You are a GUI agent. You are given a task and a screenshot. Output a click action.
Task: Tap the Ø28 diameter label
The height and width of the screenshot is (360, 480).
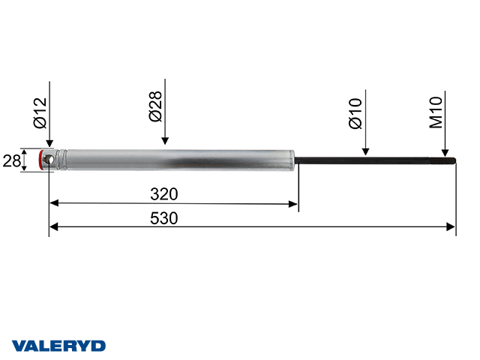click(156, 108)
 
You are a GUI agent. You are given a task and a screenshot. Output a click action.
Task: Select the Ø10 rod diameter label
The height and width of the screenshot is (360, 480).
click(355, 112)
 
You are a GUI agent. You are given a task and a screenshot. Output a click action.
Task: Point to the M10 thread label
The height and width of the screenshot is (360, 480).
click(436, 112)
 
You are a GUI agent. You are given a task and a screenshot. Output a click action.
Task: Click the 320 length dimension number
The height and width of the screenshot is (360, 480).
click(163, 194)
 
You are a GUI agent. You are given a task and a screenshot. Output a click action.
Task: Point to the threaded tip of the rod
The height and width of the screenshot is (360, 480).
click(449, 160)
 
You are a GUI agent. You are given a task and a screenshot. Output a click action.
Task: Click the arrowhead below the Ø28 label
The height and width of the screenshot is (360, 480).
click(164, 140)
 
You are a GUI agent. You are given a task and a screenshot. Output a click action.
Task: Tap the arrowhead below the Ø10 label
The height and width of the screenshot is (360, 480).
click(364, 151)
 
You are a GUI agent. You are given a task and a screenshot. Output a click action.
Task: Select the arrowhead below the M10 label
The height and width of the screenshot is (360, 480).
click(445, 151)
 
